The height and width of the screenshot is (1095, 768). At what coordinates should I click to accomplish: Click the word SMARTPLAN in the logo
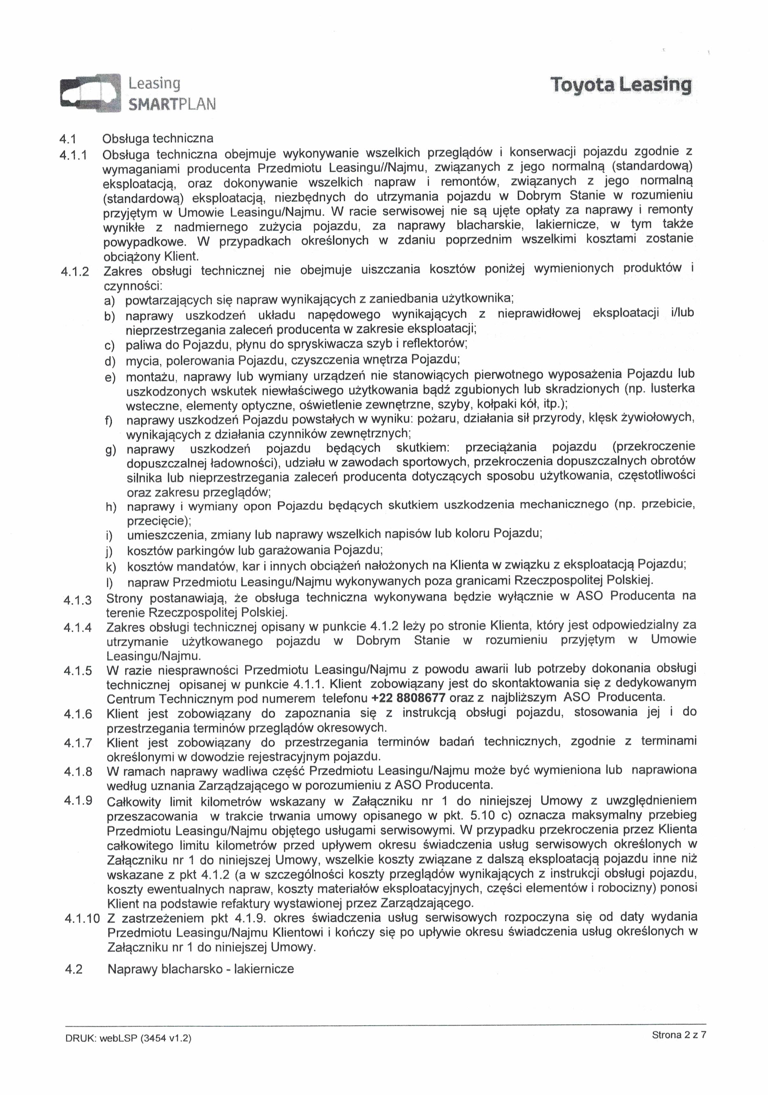172,104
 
